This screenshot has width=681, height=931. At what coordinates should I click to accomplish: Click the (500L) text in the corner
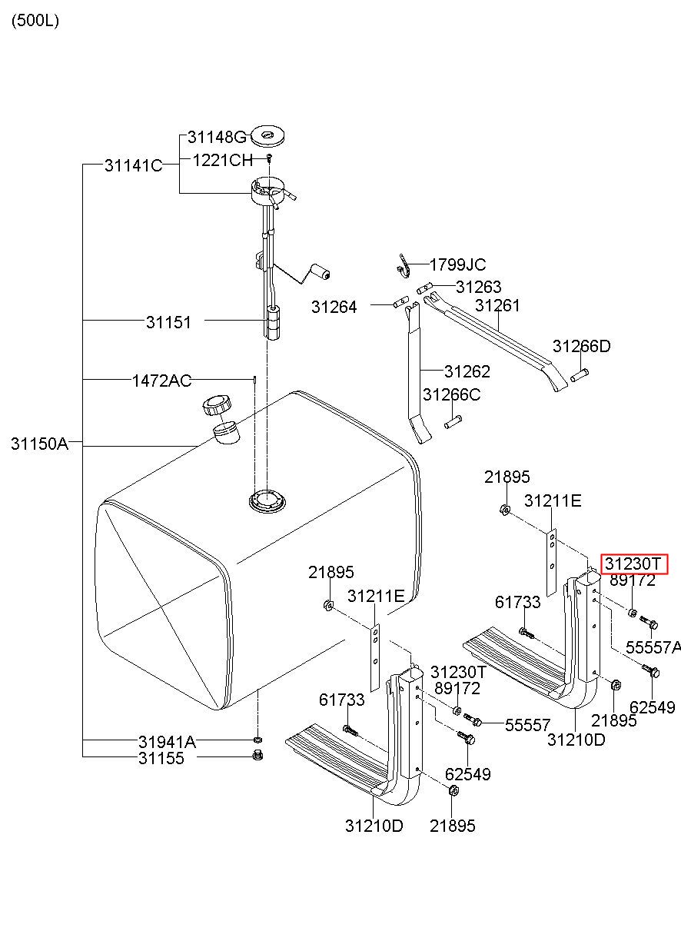coord(35,21)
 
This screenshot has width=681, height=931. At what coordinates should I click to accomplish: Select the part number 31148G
coord(217,138)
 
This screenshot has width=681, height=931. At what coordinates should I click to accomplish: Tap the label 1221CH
coord(222,160)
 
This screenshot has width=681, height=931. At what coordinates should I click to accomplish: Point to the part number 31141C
coord(133,165)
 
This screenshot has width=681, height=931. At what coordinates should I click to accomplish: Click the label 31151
coord(168,322)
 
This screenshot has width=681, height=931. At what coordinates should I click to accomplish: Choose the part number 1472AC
coord(162,380)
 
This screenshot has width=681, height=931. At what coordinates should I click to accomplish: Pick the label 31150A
coord(39,444)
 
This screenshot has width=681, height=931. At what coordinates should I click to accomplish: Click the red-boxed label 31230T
coord(634,564)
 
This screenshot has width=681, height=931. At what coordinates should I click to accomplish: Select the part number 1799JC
coord(457,265)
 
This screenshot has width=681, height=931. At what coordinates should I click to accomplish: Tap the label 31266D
coord(581,346)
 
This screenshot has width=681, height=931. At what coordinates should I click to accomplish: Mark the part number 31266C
coord(452,394)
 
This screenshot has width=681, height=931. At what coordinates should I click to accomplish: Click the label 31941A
coord(167,742)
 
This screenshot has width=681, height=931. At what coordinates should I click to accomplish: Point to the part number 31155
coord(161,758)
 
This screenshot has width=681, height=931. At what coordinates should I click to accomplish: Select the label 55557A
coord(653,647)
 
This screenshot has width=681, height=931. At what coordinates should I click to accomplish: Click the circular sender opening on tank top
coord(267,501)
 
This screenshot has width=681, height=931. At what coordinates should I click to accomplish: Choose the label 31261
coord(497,305)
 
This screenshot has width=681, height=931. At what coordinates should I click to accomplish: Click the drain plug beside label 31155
coord(258,756)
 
